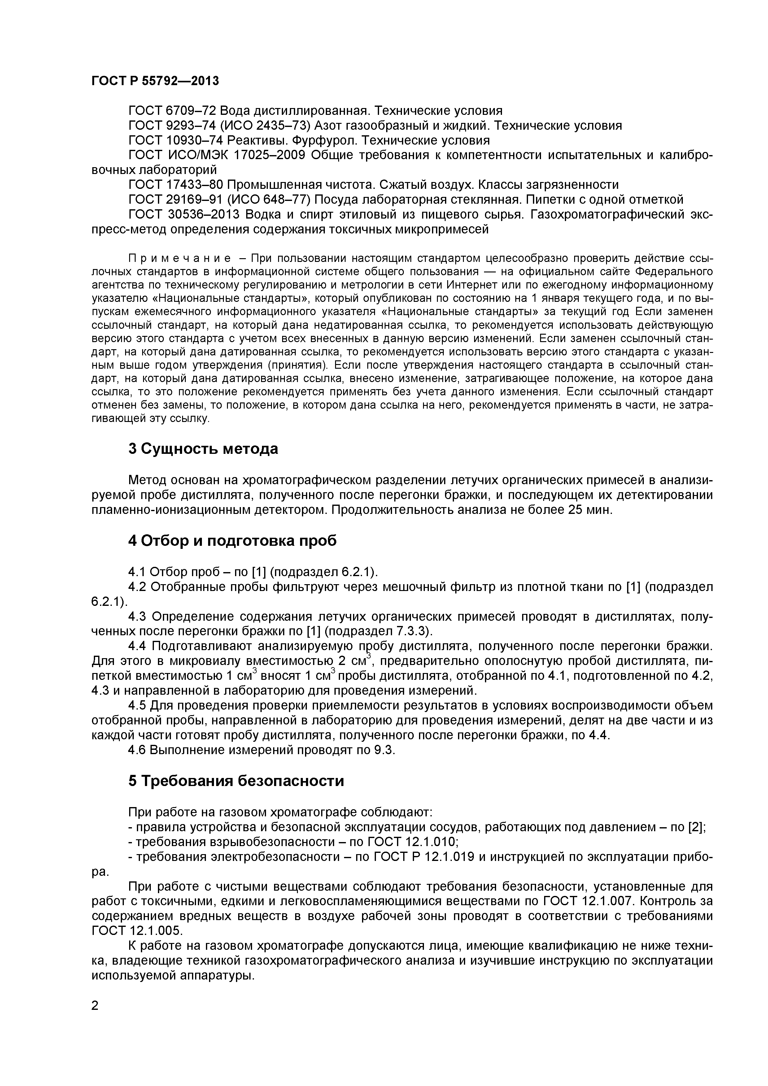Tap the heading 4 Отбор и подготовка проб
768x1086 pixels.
pyautogui.click(x=232, y=541)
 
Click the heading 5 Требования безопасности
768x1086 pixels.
pyautogui.click(x=236, y=781)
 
